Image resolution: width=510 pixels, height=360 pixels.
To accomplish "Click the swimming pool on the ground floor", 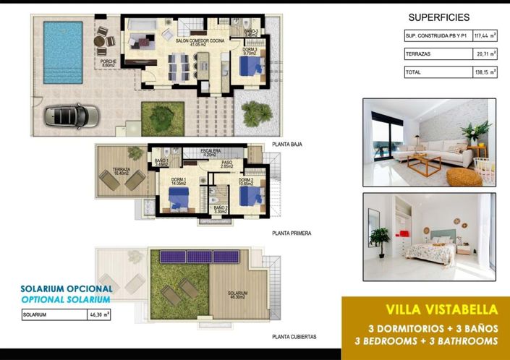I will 63,51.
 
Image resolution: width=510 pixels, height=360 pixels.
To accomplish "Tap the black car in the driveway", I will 72,115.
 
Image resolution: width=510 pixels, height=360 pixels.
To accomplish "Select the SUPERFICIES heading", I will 439,17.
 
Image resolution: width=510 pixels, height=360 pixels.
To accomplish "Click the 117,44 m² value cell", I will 484,35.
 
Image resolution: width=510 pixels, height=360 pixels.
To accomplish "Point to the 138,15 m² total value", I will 484,72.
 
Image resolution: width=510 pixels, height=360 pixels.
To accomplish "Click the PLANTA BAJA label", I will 287,145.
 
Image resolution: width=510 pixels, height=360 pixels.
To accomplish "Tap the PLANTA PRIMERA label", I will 292,233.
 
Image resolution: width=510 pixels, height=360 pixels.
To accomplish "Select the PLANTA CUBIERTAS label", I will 294,337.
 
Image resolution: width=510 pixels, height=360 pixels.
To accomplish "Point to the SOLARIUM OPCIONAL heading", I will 67,288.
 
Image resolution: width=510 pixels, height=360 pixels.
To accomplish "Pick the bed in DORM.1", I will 178,196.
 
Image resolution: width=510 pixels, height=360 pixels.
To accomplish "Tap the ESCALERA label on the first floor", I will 211,151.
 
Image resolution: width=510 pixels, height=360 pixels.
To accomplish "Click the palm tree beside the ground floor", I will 256,113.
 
